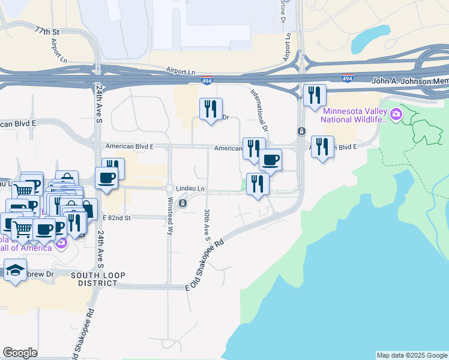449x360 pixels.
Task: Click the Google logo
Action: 20,353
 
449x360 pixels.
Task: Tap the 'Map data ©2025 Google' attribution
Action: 412,355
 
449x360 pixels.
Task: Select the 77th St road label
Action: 48,30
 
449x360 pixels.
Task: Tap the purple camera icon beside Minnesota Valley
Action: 396,114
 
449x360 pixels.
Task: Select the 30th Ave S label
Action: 206,221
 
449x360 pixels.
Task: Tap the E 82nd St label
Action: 116,217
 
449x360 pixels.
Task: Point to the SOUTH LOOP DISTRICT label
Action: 98,280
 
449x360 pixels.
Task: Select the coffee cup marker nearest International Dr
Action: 270,160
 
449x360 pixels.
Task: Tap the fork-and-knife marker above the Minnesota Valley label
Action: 315,95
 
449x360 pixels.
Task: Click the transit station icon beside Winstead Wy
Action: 182,203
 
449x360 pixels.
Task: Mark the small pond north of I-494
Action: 370,38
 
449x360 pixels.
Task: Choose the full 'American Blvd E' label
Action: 129,146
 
